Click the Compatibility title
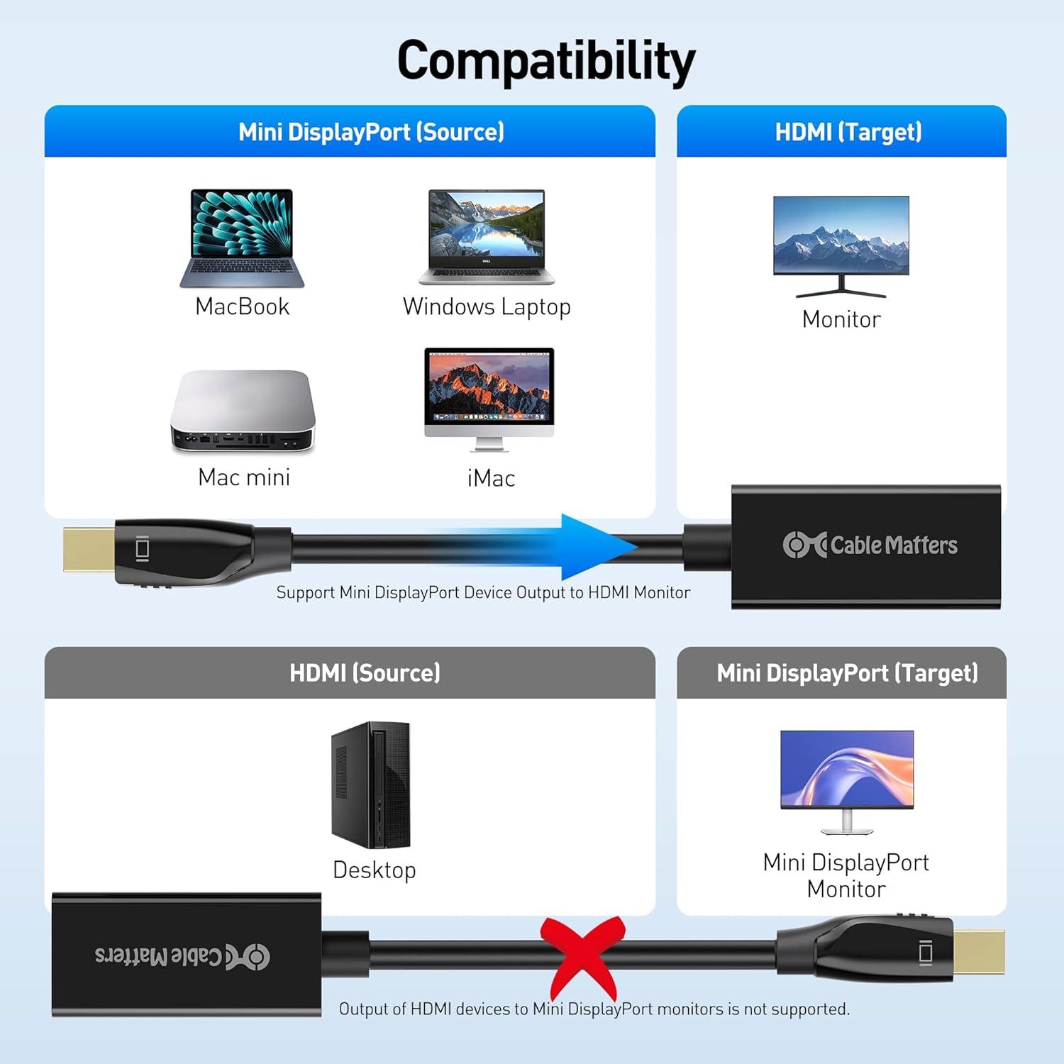click(x=545, y=61)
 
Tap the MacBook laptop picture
click(x=242, y=238)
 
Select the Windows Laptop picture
click(x=487, y=237)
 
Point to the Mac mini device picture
click(x=243, y=411)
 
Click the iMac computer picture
click(x=489, y=399)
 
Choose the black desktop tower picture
click(x=370, y=785)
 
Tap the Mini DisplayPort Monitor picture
click(x=847, y=782)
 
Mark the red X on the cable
click(x=582, y=958)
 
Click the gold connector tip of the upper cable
click(x=89, y=548)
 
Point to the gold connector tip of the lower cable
click(x=979, y=951)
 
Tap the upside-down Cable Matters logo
click(x=182, y=956)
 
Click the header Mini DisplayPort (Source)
click(x=371, y=132)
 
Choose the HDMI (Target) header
click(x=848, y=132)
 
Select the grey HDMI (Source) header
click(x=365, y=672)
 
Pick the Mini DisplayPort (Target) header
click(x=848, y=672)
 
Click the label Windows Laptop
click(x=487, y=307)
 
